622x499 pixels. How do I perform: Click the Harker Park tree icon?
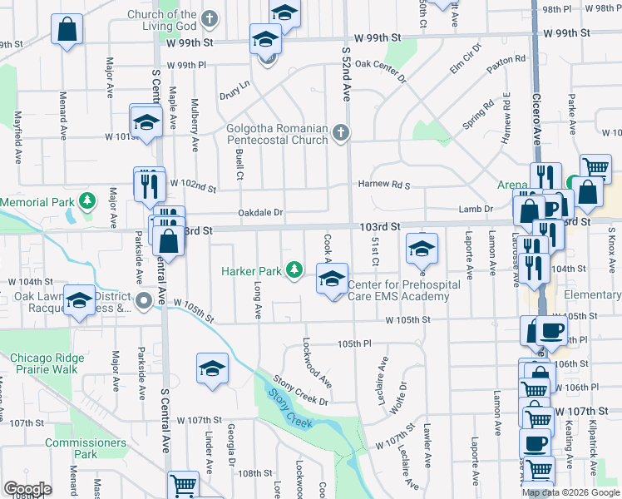point(294,269)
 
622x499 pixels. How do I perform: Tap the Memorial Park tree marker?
point(86,202)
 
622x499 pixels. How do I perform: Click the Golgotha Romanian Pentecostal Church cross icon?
point(340,133)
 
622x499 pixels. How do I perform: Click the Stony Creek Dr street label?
point(301,391)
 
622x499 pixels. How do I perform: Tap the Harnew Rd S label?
point(384,184)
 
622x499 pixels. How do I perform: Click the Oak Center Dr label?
point(379,72)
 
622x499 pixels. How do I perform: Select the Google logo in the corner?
point(27,489)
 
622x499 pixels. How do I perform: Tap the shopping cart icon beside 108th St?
point(183,485)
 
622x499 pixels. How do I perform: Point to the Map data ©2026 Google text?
point(571,492)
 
